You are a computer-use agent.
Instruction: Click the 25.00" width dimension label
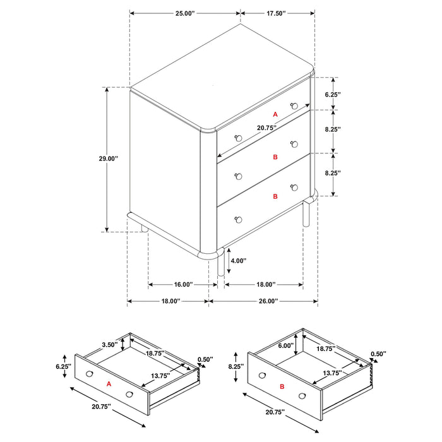(185, 13)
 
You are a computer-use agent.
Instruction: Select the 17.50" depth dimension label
(275, 13)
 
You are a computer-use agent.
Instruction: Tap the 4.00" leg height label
(238, 260)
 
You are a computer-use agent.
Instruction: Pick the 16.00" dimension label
(178, 285)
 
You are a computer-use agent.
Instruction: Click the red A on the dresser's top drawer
(275, 114)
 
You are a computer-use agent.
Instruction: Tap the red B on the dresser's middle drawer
(275, 157)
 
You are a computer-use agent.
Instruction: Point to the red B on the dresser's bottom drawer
(275, 197)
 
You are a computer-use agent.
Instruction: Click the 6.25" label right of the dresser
(333, 94)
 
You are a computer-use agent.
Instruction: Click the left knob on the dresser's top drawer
(238, 138)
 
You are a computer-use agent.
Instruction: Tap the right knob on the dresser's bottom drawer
(294, 187)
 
